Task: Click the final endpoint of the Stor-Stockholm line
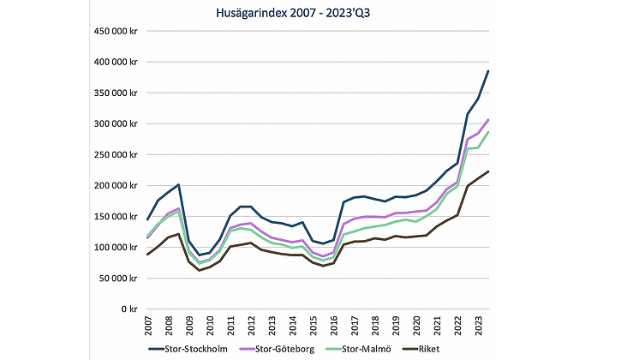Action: tap(488, 71)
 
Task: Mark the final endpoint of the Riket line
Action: tap(488, 171)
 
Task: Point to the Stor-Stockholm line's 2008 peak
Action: tap(178, 184)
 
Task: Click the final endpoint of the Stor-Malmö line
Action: tap(488, 132)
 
